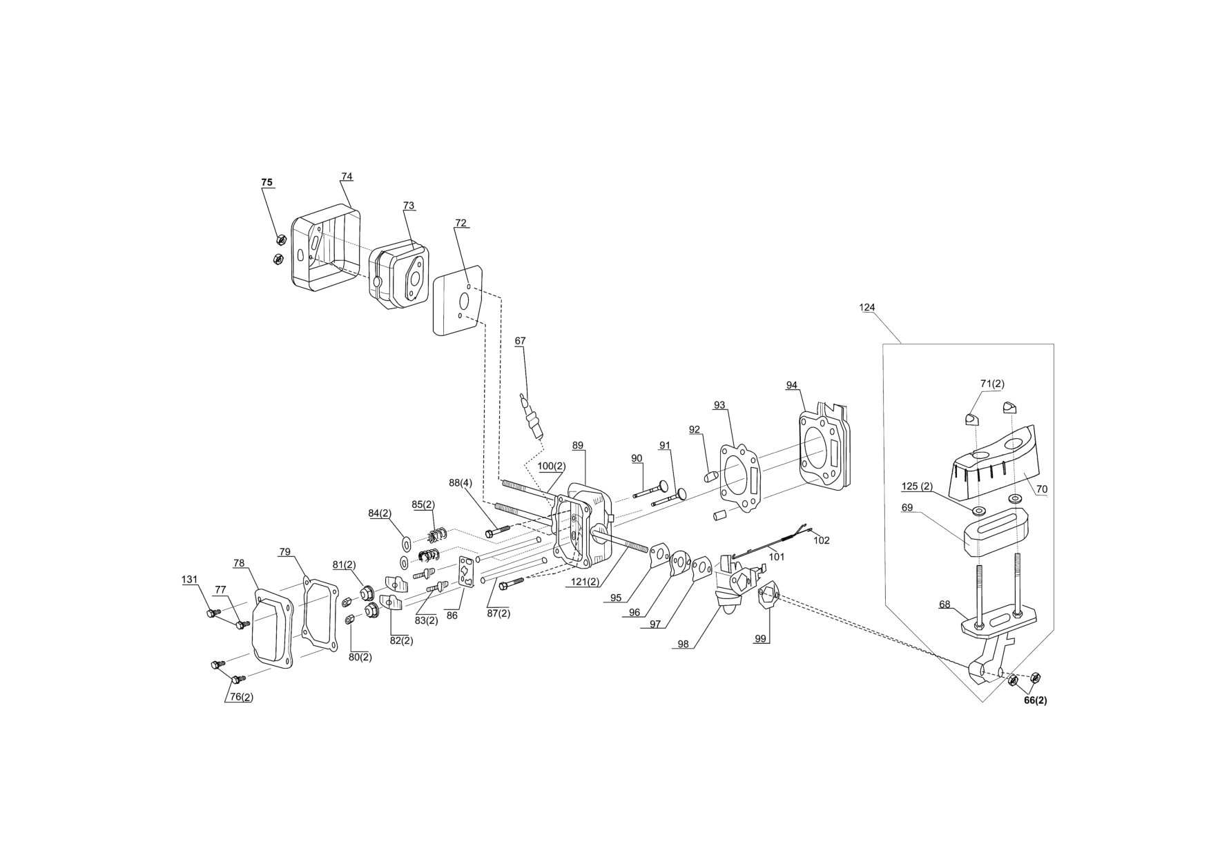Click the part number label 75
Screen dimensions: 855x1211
[267, 183]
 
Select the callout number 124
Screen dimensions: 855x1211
[867, 307]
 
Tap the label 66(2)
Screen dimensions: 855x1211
[1035, 700]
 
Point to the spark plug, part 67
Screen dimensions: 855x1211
[532, 414]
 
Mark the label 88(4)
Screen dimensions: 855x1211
[461, 483]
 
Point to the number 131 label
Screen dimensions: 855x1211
[190, 580]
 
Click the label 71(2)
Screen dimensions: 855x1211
[992, 384]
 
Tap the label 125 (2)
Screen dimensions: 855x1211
[917, 487]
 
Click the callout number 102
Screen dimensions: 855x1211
[822, 540]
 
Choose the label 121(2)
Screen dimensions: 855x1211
[584, 582]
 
